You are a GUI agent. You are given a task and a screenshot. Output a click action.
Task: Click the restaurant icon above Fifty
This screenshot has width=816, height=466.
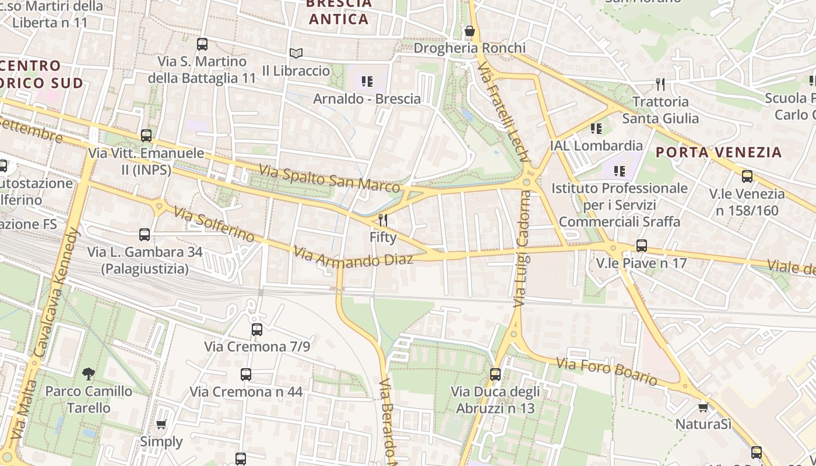pyautogui.click(x=383, y=220)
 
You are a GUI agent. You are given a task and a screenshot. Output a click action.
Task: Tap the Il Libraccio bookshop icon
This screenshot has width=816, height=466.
pyautogui.click(x=296, y=53)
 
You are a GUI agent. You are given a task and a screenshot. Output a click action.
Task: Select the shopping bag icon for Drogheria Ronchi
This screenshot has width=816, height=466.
pyautogui.click(x=469, y=31)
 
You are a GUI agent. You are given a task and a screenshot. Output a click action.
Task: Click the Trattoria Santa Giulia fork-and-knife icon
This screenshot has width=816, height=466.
pyautogui.click(x=660, y=84)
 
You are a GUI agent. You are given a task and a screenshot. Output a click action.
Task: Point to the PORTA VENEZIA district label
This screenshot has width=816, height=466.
pyautogui.click(x=718, y=153)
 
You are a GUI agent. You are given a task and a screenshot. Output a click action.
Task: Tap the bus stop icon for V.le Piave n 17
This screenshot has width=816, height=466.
pyautogui.click(x=642, y=246)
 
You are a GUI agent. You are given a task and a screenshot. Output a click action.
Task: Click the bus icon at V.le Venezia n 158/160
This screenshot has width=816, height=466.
pyautogui.click(x=747, y=176)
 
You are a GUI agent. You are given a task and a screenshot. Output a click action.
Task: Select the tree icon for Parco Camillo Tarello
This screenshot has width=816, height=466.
pyautogui.click(x=89, y=373)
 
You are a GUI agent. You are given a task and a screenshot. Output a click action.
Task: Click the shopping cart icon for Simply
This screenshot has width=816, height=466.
pyautogui.click(x=161, y=424)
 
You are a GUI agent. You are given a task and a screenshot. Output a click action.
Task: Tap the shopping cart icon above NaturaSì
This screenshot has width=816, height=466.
pyautogui.click(x=703, y=407)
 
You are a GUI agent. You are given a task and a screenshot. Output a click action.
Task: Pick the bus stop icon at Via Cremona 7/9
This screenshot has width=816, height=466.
pyautogui.click(x=256, y=330)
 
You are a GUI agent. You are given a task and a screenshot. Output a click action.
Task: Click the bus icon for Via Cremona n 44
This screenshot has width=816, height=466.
pyautogui.click(x=246, y=375)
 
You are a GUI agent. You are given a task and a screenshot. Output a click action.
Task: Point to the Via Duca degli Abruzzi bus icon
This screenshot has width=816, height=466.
pyautogui.click(x=495, y=375)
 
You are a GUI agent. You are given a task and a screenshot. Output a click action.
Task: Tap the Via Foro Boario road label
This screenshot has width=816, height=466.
pyautogui.click(x=606, y=371)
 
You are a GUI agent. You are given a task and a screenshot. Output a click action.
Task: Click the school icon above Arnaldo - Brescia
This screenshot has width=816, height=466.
pyautogui.click(x=367, y=82)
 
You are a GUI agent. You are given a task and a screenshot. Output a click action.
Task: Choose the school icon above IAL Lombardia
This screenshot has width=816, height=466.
pyautogui.click(x=596, y=128)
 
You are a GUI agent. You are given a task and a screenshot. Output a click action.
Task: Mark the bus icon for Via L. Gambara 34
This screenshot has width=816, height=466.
pyautogui.click(x=145, y=235)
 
